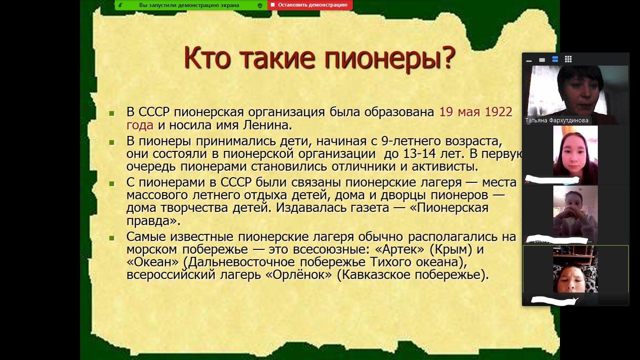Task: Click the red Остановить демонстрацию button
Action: (x=310, y=5)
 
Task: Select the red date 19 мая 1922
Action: (x=476, y=112)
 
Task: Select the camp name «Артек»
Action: (x=400, y=249)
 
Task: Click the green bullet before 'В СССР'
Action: (x=112, y=113)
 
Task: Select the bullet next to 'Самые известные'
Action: (x=112, y=238)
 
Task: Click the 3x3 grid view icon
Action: (x=568, y=59)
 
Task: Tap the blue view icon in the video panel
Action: (x=555, y=59)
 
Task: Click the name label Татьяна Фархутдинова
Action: (x=557, y=120)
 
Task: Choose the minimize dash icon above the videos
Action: (x=529, y=60)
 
